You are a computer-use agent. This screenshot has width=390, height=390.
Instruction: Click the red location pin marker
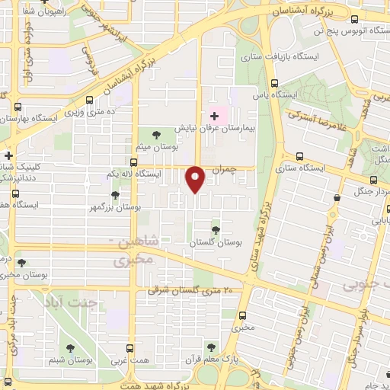tap(196, 178)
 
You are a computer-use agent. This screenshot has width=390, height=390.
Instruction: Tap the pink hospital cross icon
tap(214, 117)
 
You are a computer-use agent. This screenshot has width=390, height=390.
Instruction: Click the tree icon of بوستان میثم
tap(155, 135)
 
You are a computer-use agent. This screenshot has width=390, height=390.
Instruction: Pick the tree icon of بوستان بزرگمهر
tap(115, 195)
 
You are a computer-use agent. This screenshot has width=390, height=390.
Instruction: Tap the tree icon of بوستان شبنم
tap(70, 348)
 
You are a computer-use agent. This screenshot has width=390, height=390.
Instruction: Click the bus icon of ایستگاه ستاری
tap(299, 157)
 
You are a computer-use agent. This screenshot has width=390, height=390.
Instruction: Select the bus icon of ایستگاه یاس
tap(274, 84)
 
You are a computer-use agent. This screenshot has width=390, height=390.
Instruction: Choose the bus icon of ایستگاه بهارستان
tap(18, 109)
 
